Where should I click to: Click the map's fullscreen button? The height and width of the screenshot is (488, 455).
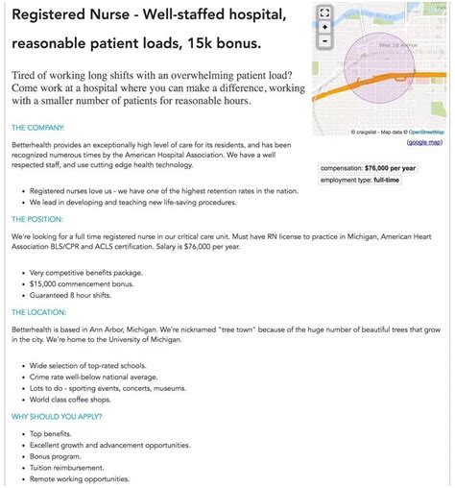pyautogui.click(x=324, y=13)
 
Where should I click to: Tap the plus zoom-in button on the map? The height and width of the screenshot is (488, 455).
pyautogui.click(x=324, y=28)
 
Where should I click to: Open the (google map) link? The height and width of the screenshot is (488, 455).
pyautogui.click(x=424, y=142)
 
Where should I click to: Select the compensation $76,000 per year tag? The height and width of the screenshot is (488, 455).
pyautogui.click(x=369, y=167)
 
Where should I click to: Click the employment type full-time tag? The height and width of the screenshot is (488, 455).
pyautogui.click(x=360, y=180)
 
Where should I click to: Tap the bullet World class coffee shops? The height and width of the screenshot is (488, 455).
pyautogui.click(x=80, y=399)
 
